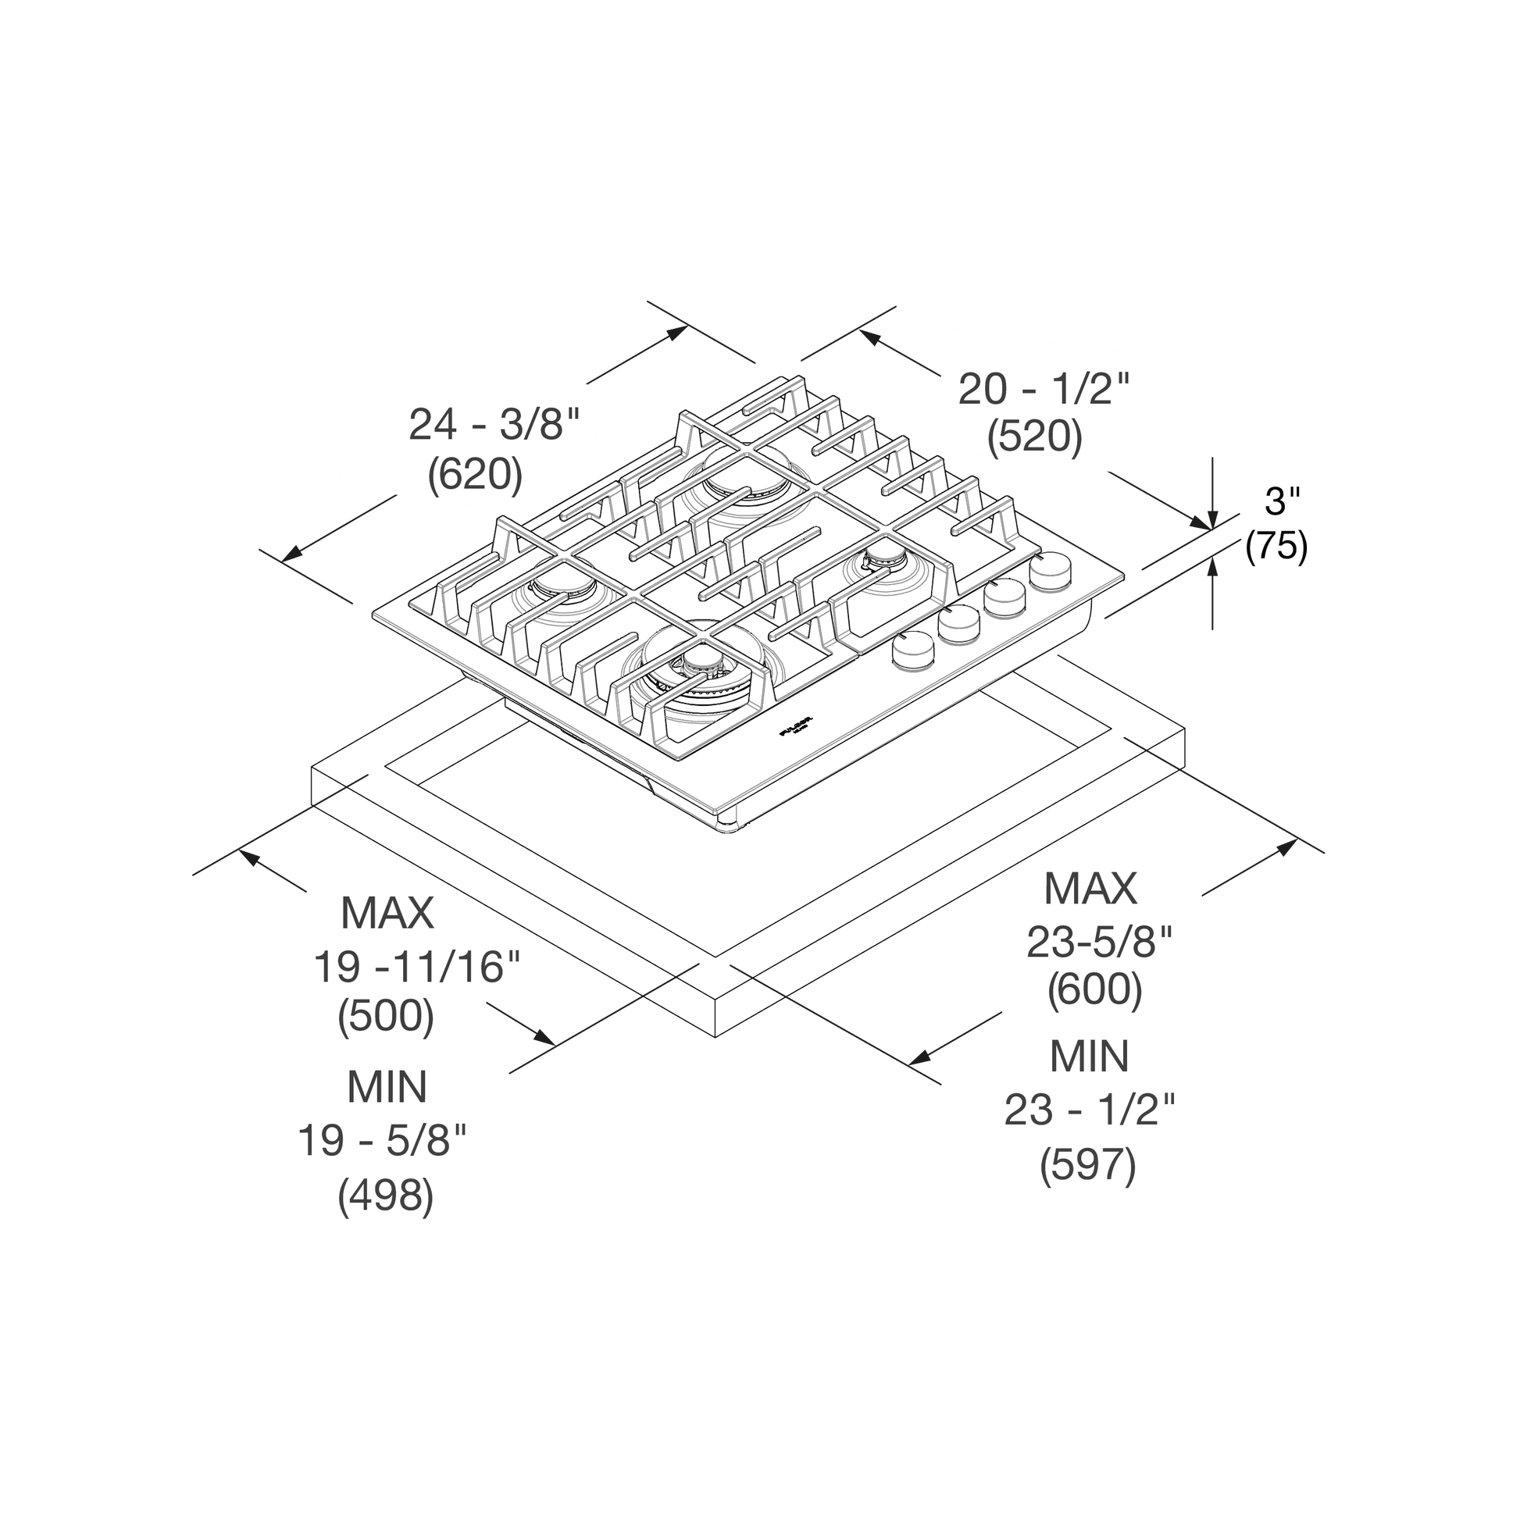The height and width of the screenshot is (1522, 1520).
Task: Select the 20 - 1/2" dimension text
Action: pos(1044,389)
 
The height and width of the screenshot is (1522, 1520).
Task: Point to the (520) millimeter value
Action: pos(1035,437)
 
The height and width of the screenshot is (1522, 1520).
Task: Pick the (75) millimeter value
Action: pos(1276,545)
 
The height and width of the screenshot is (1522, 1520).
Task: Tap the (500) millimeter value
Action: pos(386,1015)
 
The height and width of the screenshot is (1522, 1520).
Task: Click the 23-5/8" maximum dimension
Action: pos(1099,941)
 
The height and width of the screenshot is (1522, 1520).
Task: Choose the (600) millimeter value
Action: pos(1094,989)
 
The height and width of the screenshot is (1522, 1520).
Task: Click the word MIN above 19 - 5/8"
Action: pos(387,1087)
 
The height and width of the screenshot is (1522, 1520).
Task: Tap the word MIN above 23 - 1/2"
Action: pos(1090,1057)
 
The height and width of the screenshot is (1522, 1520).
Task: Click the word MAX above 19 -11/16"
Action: pos(387,912)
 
